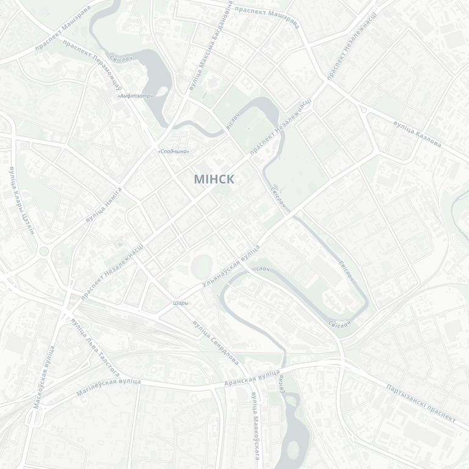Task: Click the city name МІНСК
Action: click(214, 179)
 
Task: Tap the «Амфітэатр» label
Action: click(135, 96)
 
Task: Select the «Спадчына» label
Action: click(173, 151)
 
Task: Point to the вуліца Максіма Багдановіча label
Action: click(211, 46)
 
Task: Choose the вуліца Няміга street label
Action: click(104, 205)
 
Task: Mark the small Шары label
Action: click(181, 303)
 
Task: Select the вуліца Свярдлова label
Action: click(215, 343)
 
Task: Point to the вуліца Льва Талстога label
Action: click(95, 346)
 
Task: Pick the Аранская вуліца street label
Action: click(252, 377)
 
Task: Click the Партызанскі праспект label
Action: click(421, 404)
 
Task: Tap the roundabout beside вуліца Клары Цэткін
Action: click(44, 251)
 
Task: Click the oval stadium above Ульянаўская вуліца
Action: click(201, 266)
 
